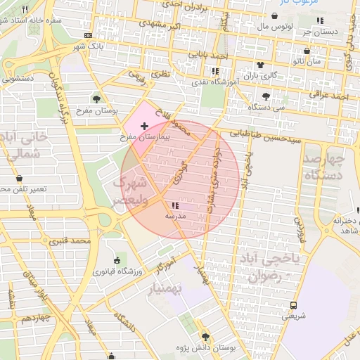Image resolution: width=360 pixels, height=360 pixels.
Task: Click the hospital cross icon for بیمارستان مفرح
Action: [145, 126]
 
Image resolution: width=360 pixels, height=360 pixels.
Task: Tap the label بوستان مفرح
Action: [97, 110]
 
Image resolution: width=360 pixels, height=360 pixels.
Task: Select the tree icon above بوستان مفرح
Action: [96, 98]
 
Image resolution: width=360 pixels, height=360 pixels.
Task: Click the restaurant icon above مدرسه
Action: [174, 205]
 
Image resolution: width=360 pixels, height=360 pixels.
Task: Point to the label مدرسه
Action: [174, 217]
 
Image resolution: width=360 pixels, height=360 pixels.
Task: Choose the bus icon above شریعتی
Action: [293, 305]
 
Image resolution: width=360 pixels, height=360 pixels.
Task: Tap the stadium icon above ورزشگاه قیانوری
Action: [117, 261]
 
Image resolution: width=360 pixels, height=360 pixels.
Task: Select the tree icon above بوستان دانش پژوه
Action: [205, 336]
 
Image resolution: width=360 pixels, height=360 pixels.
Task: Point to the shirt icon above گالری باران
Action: [260, 65]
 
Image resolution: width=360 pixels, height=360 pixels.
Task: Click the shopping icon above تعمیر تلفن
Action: [19, 178]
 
